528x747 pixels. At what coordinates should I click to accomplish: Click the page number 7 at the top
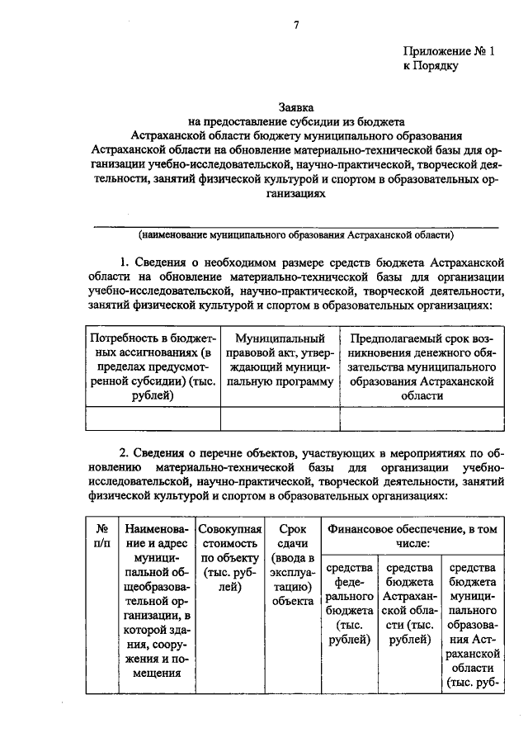click(295, 25)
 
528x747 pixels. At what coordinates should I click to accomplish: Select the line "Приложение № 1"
click(449, 51)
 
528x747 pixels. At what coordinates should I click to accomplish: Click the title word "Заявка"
click(295, 106)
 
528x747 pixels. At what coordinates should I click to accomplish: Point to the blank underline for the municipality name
click(295, 225)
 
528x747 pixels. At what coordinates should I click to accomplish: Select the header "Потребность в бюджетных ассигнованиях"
click(153, 366)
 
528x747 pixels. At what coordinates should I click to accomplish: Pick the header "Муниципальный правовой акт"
click(280, 360)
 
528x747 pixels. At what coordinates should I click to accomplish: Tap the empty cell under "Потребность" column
click(153, 418)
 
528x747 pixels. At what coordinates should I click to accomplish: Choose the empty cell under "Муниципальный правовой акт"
click(280, 418)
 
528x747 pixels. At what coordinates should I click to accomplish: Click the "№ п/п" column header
click(103, 535)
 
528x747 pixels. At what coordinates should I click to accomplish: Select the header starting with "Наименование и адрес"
click(156, 599)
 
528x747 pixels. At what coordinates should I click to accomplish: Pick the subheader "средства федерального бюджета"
click(349, 606)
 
